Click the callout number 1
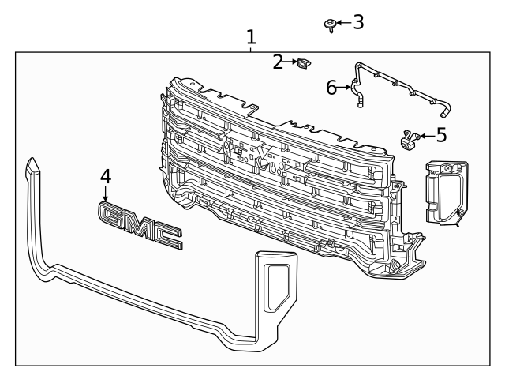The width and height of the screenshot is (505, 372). click(x=251, y=37)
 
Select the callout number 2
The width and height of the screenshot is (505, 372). click(x=278, y=62)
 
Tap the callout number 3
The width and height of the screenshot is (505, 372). click(x=358, y=22)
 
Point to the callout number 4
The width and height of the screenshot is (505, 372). click(x=106, y=177)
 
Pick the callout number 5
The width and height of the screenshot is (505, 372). click(x=442, y=135)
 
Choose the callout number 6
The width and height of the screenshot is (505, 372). click(x=331, y=88)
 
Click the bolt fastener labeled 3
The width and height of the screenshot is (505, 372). click(x=331, y=25)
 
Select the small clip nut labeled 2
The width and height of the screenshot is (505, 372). click(x=304, y=63)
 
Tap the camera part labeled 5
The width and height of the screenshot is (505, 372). click(x=410, y=140)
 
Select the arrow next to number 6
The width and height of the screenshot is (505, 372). click(x=344, y=87)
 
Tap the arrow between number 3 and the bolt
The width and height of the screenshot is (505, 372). click(x=344, y=23)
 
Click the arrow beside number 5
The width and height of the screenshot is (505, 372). click(x=428, y=136)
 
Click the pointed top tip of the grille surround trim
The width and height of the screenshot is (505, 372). click(x=32, y=158)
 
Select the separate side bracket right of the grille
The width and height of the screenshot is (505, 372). click(x=447, y=193)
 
